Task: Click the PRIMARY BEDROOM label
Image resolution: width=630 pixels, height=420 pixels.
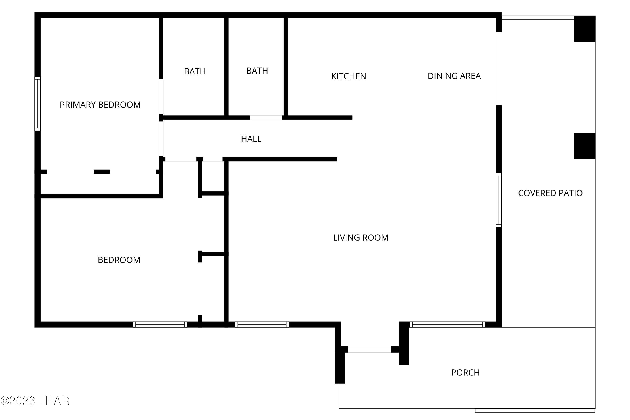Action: (100, 105)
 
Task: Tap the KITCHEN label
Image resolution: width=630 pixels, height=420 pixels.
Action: (348, 76)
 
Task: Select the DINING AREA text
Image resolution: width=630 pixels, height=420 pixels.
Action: (454, 76)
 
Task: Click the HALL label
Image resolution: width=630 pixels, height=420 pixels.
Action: (251, 139)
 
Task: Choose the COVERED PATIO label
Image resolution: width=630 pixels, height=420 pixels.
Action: (550, 193)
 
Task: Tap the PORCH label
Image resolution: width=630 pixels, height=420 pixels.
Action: (466, 373)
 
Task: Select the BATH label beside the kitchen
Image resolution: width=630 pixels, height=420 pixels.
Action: (257, 71)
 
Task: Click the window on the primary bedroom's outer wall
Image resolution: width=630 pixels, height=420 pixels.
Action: (38, 104)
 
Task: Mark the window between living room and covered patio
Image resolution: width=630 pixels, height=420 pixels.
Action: (499, 200)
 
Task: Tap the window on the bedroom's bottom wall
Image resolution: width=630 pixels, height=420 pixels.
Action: (160, 324)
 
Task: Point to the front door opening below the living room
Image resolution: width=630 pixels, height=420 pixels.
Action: (369, 349)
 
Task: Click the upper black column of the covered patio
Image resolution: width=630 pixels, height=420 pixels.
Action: (584, 29)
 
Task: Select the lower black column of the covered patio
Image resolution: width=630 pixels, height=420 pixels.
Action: (584, 146)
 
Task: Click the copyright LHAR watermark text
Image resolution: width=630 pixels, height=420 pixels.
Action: (35, 401)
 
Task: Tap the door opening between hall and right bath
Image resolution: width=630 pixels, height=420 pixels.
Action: (266, 118)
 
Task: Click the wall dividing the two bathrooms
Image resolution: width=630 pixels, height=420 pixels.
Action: (226, 67)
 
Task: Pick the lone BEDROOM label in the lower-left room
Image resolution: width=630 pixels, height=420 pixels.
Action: (119, 260)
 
